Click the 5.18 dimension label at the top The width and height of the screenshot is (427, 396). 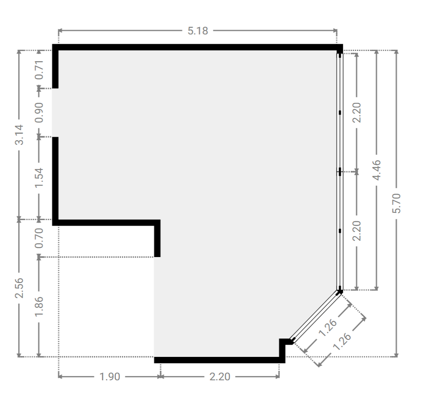[198, 31]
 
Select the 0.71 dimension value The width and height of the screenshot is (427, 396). [39, 70]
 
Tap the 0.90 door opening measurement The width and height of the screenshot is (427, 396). [39, 113]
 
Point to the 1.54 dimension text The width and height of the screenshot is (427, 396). [39, 178]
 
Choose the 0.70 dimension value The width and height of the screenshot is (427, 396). [39, 238]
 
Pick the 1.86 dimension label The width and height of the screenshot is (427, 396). [39, 306]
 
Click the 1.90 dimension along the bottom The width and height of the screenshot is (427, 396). [110, 376]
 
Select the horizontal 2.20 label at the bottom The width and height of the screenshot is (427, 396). [220, 376]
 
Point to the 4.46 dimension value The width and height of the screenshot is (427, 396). [376, 170]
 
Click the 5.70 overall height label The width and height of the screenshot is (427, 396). [396, 203]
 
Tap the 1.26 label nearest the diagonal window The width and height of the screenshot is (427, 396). [328, 328]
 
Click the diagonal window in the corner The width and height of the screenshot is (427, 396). [316, 316]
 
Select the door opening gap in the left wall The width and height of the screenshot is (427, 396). [55, 113]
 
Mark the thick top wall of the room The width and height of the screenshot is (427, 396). [197, 47]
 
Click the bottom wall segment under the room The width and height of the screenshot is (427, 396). [219, 360]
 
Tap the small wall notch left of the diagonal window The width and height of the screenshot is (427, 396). [284, 346]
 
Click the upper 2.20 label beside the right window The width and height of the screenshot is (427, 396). [357, 113]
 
